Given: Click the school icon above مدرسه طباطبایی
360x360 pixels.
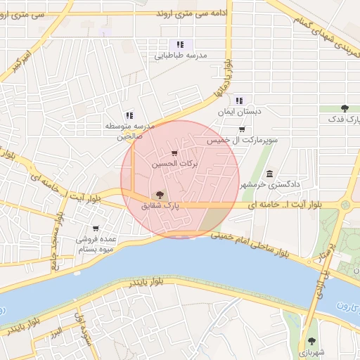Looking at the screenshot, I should pyautogui.click(x=180, y=44).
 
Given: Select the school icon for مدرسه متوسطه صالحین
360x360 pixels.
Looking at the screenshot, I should pyautogui.click(x=129, y=115).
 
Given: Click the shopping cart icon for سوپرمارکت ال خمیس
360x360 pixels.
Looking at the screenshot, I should pyautogui.click(x=242, y=129).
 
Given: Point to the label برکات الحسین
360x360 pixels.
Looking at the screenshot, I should pyautogui.click(x=175, y=163).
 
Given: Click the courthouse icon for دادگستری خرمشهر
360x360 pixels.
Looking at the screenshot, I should pyautogui.click(x=269, y=174).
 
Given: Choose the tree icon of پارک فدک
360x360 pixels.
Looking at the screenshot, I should pyautogui.click(x=345, y=108).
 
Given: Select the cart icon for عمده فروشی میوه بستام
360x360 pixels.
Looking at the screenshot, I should pyautogui.click(x=96, y=229).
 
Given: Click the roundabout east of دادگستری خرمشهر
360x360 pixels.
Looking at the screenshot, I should pyautogui.click(x=346, y=205).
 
